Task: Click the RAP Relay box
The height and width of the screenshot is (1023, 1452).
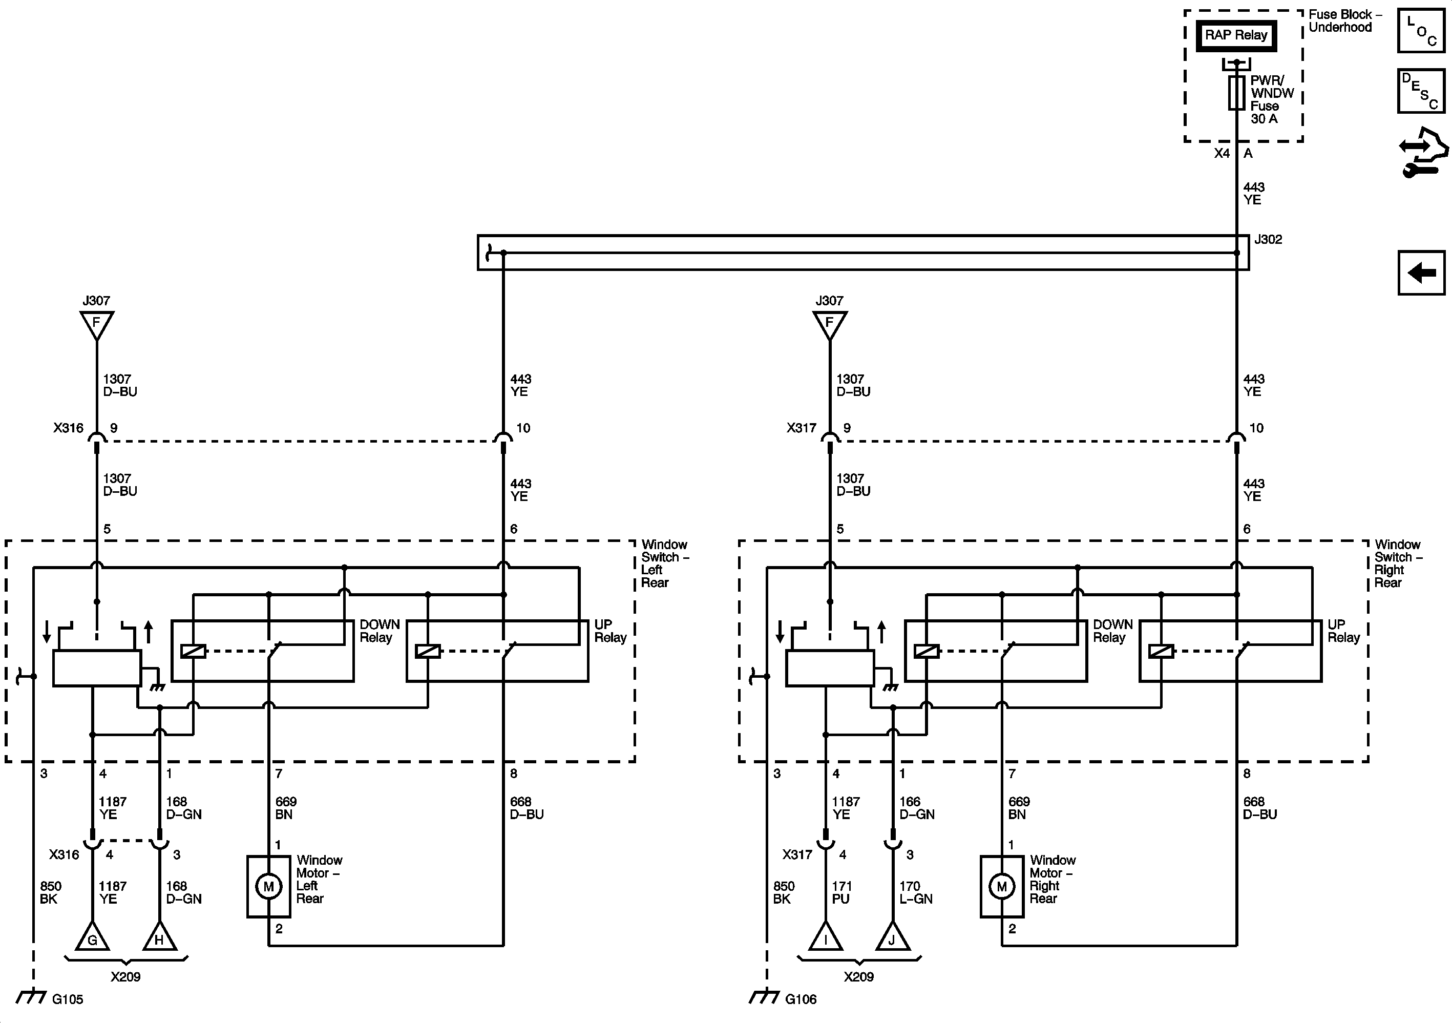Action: tap(1236, 35)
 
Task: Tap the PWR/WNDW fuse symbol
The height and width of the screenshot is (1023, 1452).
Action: tap(1236, 93)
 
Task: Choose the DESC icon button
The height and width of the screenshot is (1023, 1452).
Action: tap(1420, 91)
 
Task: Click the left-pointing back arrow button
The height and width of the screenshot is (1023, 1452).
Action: tap(1421, 273)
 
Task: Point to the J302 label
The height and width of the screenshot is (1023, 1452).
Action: tap(1268, 240)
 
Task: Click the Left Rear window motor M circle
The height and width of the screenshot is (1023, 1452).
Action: tap(268, 886)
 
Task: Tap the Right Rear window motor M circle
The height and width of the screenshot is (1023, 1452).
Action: tap(1001, 886)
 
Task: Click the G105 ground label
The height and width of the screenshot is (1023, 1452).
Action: tap(68, 999)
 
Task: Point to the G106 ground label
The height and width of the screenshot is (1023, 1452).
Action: tap(801, 999)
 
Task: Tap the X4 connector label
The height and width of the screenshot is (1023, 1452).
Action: tap(1222, 154)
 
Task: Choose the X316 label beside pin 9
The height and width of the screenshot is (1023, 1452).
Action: tap(68, 428)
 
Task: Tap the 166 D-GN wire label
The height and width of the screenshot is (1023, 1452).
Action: tap(916, 808)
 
